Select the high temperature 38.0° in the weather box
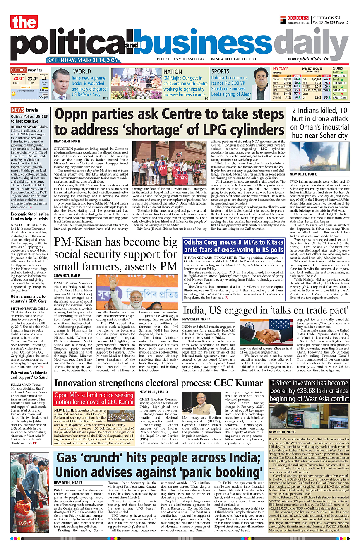pos(18,78)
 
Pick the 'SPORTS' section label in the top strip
pos(220,71)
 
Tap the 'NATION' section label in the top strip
pos(173,71)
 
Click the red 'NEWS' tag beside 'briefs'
pos(18,110)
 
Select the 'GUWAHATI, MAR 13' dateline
pos(67,275)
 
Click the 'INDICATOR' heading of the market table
pos(280,69)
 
